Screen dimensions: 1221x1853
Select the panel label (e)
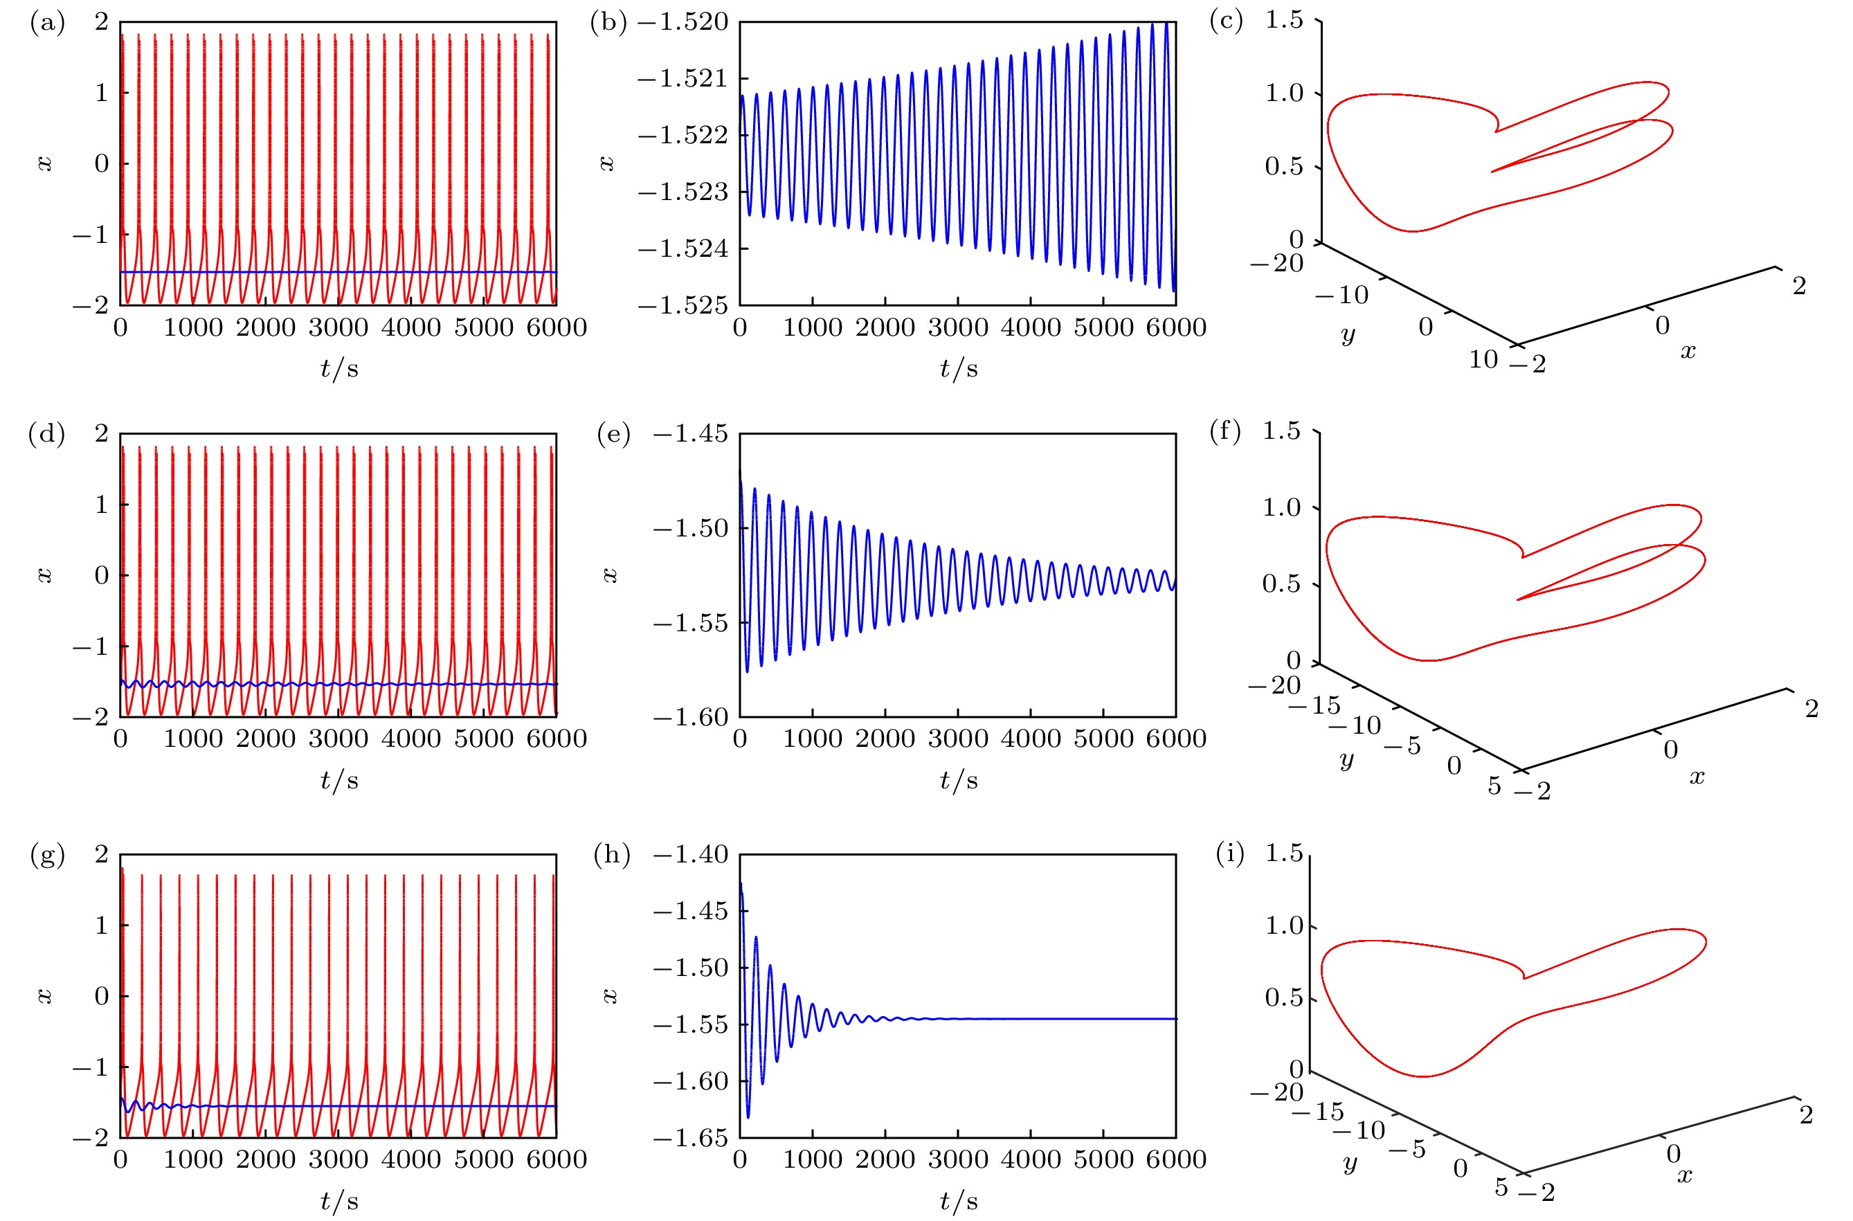tap(613, 434)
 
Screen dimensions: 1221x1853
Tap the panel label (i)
tap(1230, 854)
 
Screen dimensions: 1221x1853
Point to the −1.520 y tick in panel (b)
tap(683, 22)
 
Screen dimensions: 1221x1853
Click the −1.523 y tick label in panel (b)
tap(683, 192)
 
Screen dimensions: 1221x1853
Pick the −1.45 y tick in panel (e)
tap(691, 434)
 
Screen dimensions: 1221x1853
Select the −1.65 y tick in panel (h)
tap(691, 1138)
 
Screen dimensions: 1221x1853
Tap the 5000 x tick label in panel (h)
tap(1103, 1159)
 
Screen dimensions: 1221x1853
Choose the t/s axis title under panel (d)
tap(339, 780)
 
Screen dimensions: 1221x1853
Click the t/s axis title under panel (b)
tap(959, 368)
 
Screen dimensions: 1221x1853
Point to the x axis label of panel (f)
tap(1697, 777)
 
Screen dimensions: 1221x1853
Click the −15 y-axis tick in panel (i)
tap(1317, 1111)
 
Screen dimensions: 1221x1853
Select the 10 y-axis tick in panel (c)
tap(1483, 359)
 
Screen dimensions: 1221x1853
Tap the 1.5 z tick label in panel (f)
tap(1281, 431)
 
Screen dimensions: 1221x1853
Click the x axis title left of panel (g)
tap(44, 996)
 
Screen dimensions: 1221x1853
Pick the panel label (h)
tap(611, 854)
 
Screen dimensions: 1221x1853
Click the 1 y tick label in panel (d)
tap(101, 505)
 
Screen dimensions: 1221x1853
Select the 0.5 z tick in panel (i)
tap(1284, 997)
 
